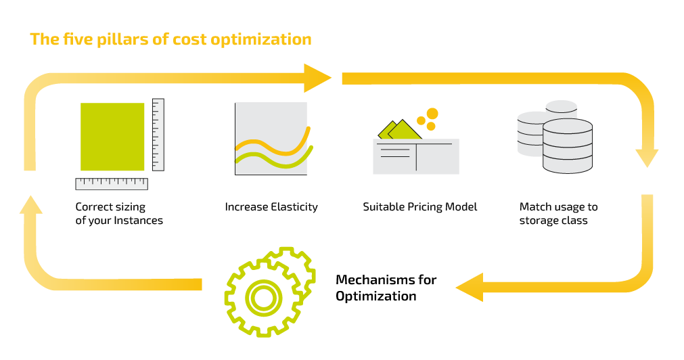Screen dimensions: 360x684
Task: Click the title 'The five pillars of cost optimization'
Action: click(170, 39)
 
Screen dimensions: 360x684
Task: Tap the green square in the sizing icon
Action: click(112, 136)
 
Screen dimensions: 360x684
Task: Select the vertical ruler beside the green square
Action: click(158, 134)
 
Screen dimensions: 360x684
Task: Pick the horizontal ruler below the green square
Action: click(112, 183)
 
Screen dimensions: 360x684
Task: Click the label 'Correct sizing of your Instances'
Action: click(119, 213)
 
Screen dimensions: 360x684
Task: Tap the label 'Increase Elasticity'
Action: click(271, 207)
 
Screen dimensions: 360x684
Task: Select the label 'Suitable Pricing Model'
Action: click(419, 207)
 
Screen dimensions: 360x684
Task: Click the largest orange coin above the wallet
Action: click(432, 114)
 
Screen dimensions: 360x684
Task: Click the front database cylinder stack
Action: click(568, 147)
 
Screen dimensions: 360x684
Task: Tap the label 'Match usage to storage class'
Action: click(558, 213)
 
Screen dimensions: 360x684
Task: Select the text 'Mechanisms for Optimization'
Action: click(386, 288)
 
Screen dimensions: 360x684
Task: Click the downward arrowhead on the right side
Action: click(647, 158)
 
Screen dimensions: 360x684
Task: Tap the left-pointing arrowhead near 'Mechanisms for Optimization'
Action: click(469, 288)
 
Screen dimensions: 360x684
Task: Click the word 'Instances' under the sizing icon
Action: click(139, 221)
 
